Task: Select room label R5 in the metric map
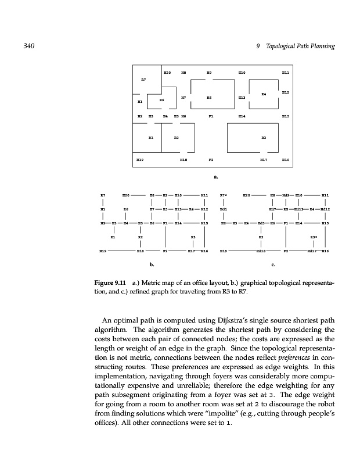click(x=208, y=98)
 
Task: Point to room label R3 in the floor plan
click(x=263, y=137)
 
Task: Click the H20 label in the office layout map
click(x=167, y=73)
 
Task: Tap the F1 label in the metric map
click(x=211, y=116)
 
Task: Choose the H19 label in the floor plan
click(x=139, y=158)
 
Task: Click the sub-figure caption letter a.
click(x=215, y=173)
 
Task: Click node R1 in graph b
click(x=113, y=237)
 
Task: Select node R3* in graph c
click(x=313, y=237)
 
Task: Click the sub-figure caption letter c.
click(x=272, y=265)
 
